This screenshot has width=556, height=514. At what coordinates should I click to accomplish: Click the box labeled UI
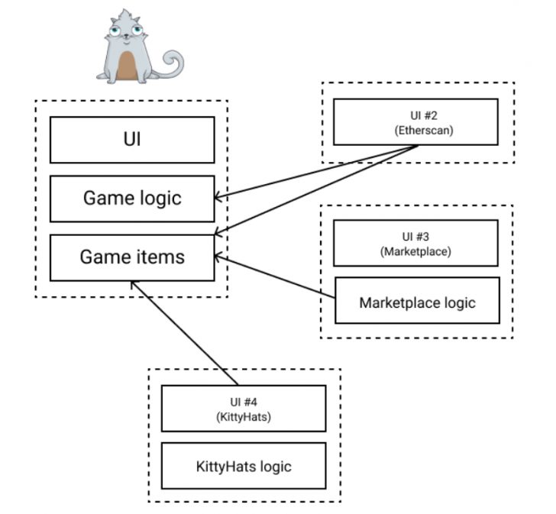[131, 140]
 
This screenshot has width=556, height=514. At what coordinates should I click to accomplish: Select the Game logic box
[131, 199]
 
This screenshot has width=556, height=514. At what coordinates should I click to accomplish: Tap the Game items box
[131, 257]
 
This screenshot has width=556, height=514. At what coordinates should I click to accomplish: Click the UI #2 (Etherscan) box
[416, 121]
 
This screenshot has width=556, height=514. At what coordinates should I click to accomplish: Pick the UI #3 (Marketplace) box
[415, 243]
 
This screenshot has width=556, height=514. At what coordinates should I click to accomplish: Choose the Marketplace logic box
[417, 302]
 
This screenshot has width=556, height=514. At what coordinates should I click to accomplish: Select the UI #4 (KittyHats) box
[244, 408]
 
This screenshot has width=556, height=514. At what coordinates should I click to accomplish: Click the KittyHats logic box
[244, 465]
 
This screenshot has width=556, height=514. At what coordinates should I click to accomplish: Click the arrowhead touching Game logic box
[218, 199]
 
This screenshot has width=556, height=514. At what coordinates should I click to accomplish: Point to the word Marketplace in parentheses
[415, 251]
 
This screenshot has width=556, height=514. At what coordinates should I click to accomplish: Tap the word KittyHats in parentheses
[244, 416]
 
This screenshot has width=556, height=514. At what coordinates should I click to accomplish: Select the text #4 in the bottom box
[253, 400]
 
